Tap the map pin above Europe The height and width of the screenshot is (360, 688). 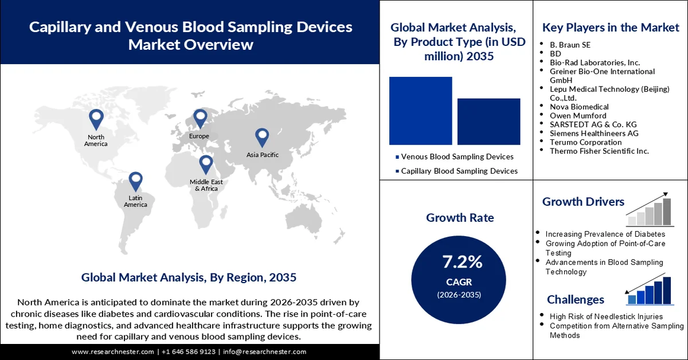200,119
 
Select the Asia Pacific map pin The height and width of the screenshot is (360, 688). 262,137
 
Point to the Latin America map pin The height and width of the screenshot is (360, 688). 135,181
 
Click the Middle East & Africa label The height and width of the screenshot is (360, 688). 206,185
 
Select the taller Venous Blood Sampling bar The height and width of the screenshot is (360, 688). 420,110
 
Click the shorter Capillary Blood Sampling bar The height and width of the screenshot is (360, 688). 488,121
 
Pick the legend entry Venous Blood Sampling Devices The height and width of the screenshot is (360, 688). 457,156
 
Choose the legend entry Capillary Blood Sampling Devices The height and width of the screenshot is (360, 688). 459,171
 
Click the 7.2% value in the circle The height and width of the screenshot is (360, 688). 462,262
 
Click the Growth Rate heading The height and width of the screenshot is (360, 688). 460,218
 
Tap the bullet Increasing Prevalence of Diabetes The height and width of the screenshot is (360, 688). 605,234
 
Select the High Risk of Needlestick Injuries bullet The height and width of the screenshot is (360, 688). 606,316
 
